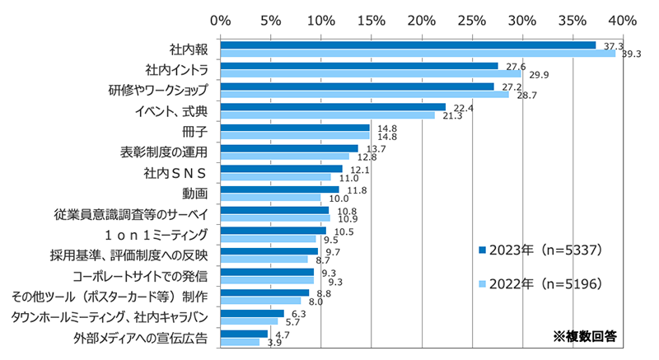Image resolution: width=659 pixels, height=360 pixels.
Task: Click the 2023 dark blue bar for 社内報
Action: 408,45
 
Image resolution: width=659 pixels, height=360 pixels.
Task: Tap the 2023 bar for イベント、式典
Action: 333,107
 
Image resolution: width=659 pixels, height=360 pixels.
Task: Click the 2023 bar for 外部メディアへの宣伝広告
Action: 244,334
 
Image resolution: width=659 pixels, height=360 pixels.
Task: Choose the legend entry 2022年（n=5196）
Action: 543,283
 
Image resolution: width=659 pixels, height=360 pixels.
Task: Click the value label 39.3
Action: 631,54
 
